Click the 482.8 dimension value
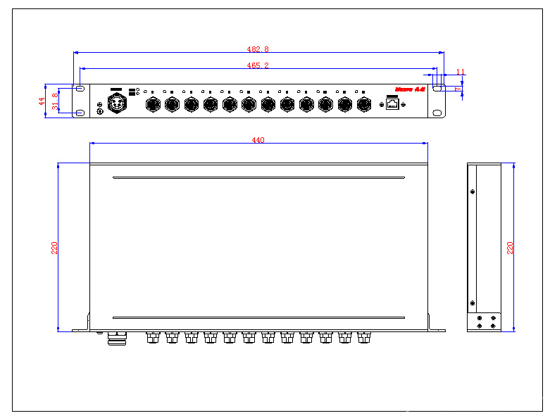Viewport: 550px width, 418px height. click(x=258, y=49)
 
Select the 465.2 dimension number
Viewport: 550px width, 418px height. click(x=258, y=65)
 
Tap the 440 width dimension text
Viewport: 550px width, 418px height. click(x=258, y=140)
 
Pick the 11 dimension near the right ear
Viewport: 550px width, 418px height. click(x=461, y=72)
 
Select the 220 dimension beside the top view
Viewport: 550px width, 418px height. click(x=54, y=248)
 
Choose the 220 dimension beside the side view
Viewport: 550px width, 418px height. click(x=511, y=248)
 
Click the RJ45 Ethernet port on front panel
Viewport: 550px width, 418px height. click(x=392, y=104)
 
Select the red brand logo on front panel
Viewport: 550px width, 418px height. click(x=410, y=89)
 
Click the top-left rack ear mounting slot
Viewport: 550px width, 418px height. click(x=80, y=89)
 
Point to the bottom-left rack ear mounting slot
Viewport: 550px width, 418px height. click(x=80, y=113)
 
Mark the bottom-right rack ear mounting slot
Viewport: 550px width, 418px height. click(x=437, y=113)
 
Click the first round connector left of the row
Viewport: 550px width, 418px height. click(x=152, y=105)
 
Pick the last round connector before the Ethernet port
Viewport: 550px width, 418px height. click(x=363, y=105)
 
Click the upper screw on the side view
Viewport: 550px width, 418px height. click(x=472, y=191)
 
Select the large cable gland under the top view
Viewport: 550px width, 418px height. click(x=115, y=338)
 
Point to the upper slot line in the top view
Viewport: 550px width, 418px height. click(x=258, y=177)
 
